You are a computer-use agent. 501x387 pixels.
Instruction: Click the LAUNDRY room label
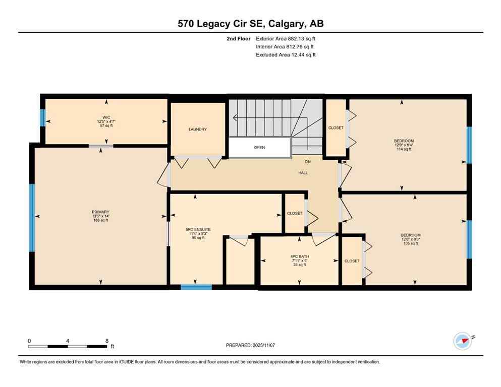pyautogui.click(x=198, y=130)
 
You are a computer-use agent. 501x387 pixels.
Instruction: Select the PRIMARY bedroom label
pyautogui.click(x=101, y=212)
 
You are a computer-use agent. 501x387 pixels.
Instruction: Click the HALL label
pyautogui.click(x=303, y=173)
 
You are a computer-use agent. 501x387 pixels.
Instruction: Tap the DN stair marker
pyautogui.click(x=308, y=162)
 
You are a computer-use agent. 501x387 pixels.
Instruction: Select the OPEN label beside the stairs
pyautogui.click(x=259, y=148)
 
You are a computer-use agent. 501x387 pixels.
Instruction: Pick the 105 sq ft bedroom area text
pyautogui.click(x=411, y=243)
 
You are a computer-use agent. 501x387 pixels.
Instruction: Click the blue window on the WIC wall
pyautogui.click(x=43, y=117)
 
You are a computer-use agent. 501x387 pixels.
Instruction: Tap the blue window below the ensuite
pyautogui.click(x=196, y=287)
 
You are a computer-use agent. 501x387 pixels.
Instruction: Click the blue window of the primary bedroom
pyautogui.click(x=32, y=218)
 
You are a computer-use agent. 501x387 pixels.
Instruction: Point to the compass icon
pyautogui.click(x=462, y=341)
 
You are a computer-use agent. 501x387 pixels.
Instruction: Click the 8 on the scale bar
pyautogui.click(x=106, y=341)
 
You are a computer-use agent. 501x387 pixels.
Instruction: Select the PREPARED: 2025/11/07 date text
pyautogui.click(x=250, y=345)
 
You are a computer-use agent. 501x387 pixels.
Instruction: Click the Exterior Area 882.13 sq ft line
pyautogui.click(x=286, y=38)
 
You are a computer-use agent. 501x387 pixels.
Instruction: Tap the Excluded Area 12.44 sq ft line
pyautogui.click(x=286, y=55)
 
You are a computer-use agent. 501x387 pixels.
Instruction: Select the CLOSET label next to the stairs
pyautogui.click(x=336, y=128)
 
